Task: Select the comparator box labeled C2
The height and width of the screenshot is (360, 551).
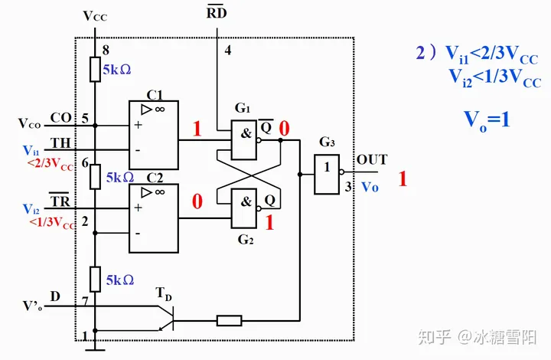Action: pos(153,218)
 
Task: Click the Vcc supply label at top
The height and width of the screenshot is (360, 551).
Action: pos(94,15)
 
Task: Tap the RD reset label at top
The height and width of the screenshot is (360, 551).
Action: pos(217,14)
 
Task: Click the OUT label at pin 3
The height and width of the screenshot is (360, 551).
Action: pos(372,160)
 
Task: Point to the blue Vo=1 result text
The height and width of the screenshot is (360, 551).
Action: pos(487,119)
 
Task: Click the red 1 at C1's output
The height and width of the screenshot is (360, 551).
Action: pos(197,129)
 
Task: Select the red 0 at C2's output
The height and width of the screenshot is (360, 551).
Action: pos(197,201)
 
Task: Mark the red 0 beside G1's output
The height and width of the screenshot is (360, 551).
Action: pos(284,129)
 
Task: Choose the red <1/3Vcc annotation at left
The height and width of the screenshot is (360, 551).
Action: pos(51,224)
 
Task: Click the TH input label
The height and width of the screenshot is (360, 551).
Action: pos(60,143)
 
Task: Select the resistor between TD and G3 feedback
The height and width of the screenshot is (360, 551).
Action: pos(230,320)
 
